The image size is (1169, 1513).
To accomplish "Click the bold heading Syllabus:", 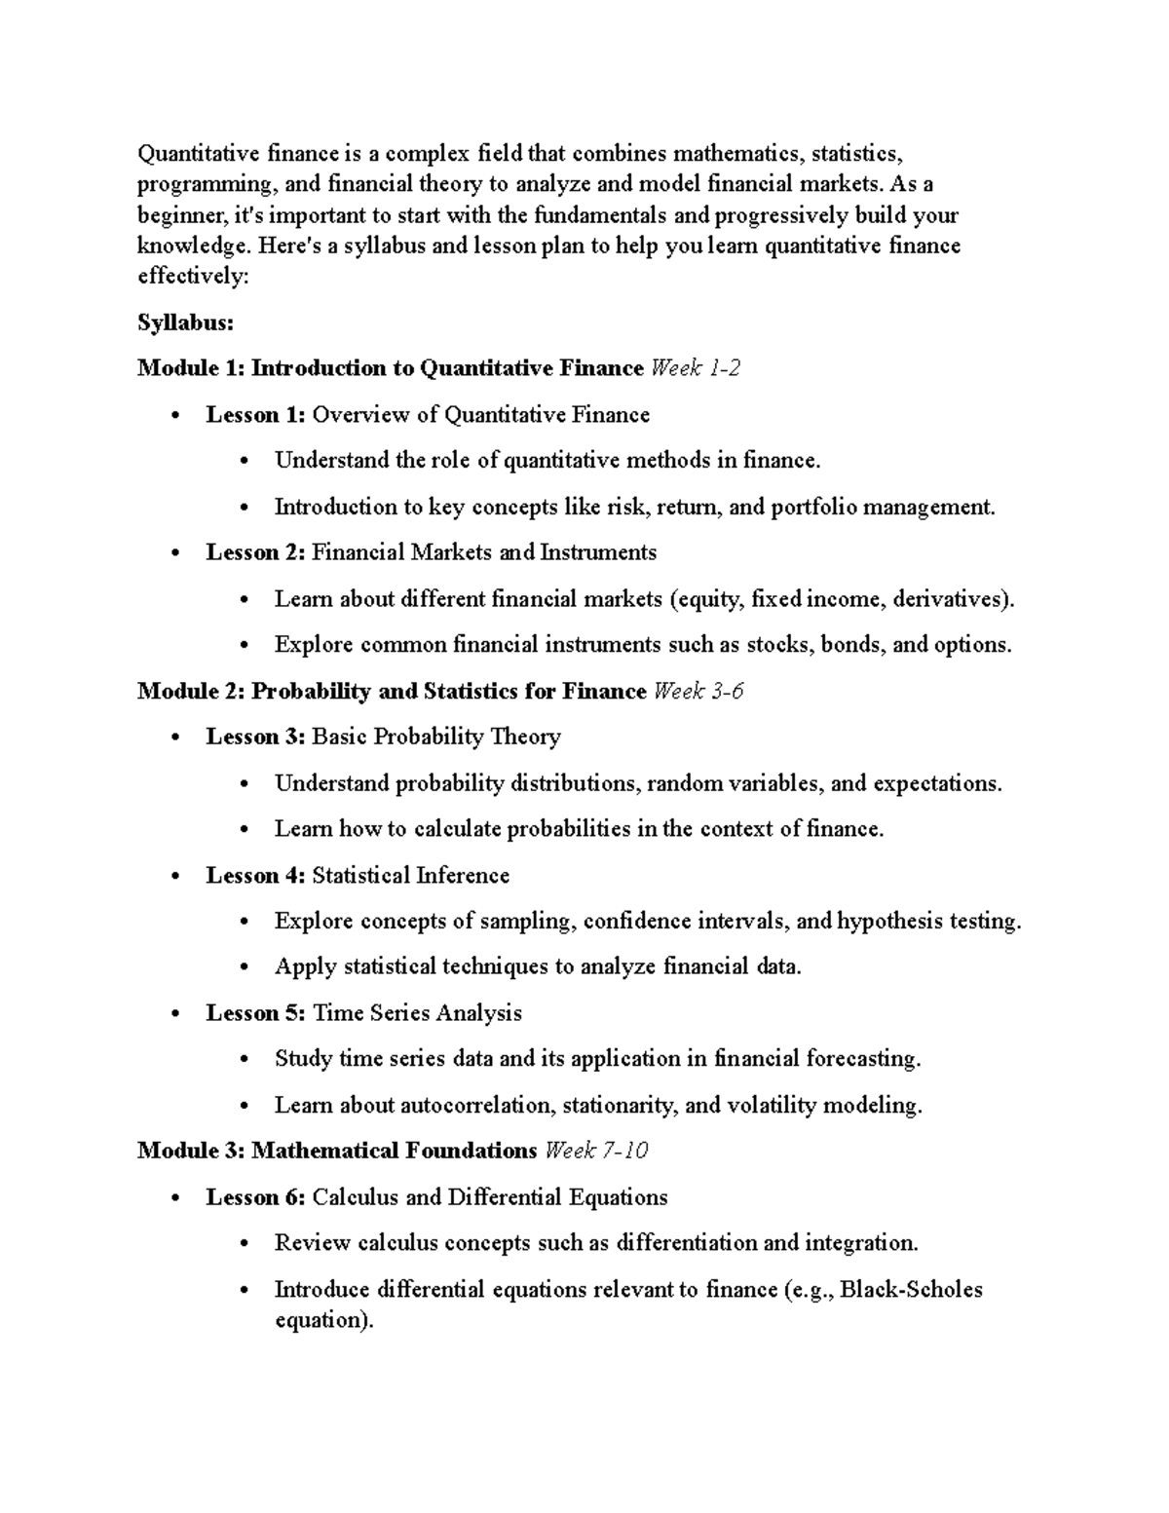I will coord(185,322).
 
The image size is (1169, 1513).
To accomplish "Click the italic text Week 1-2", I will coord(695,368).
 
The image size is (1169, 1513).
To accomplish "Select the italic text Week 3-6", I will coord(698,692).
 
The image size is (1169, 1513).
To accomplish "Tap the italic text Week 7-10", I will coord(596,1152).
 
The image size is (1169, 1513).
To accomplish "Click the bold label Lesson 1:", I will coord(256,415).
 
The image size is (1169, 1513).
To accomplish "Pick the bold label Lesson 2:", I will coord(256,553).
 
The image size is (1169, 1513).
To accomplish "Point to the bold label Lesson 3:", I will coord(256,738).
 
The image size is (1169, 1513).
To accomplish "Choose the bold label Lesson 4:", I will coord(256,876).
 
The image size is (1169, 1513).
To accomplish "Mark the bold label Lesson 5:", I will coord(256,1014).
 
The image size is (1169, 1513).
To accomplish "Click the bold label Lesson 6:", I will coord(256,1198).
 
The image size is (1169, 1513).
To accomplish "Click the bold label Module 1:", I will coord(191,368).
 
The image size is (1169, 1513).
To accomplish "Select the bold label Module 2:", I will coord(191,692).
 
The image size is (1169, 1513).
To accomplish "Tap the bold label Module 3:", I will coord(191,1152).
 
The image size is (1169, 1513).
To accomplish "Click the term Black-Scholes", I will coord(911,1290).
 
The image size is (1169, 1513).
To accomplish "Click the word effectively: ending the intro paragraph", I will coord(194,277).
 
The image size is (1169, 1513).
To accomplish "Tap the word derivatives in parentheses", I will coord(950,599).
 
